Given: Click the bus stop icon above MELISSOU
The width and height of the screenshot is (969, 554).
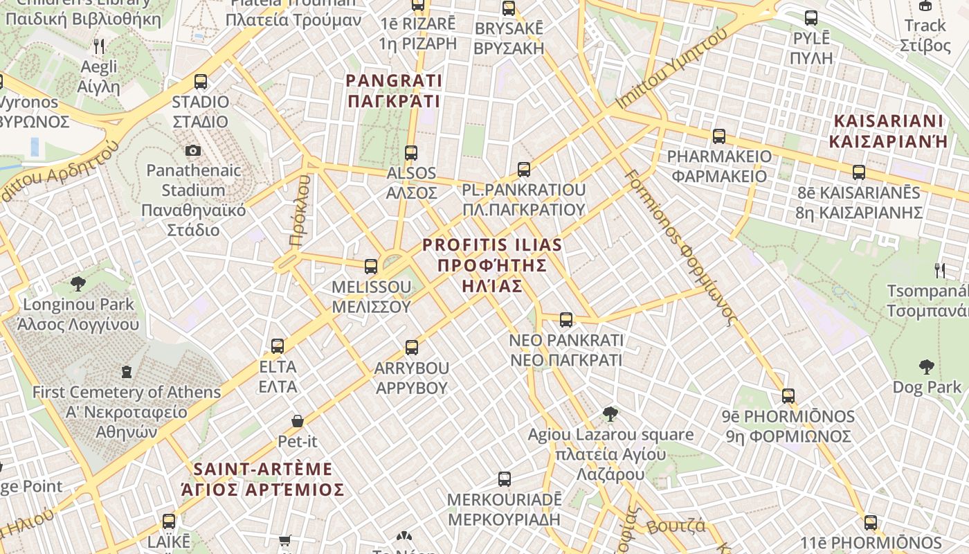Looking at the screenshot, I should click(x=371, y=266).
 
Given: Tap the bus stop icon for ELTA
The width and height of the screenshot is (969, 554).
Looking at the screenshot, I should click(x=278, y=346).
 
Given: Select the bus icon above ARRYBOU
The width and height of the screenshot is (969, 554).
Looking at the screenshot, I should click(x=412, y=347).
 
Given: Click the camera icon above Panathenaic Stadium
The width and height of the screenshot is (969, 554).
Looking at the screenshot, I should click(x=193, y=150).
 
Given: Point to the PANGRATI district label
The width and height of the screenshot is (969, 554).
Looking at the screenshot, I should click(x=393, y=91).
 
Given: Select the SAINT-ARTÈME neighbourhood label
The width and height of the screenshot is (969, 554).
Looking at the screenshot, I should click(x=262, y=479).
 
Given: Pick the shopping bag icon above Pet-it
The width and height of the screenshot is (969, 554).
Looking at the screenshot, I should click(x=298, y=420).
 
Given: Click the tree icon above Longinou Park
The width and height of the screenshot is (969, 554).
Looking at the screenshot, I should click(x=78, y=283).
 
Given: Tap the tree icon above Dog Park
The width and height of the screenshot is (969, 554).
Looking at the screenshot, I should click(x=926, y=367).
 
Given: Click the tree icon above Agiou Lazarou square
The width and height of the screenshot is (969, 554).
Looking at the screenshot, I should click(x=610, y=414).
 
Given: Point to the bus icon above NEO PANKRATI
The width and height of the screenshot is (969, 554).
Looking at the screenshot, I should click(x=566, y=319).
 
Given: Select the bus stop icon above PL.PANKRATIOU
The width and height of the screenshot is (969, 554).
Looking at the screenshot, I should click(x=524, y=169).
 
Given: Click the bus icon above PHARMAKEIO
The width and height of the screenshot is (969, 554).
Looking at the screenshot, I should click(x=719, y=136).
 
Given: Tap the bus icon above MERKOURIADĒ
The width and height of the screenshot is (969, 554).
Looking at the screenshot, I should click(x=505, y=479).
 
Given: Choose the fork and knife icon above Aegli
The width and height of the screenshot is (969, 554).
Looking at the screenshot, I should click(x=99, y=46).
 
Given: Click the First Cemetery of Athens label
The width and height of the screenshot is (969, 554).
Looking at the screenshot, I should click(x=127, y=411).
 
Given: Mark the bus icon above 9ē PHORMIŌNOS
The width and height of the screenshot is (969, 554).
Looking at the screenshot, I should click(x=788, y=396).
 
